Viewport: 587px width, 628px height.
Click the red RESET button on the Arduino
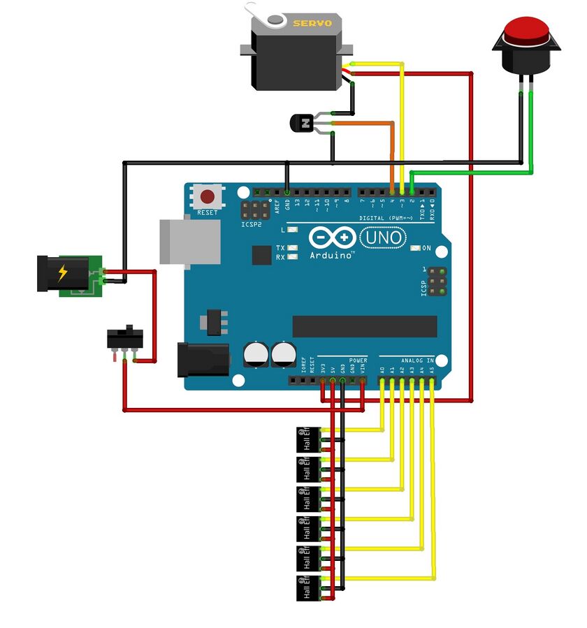tap(208, 196)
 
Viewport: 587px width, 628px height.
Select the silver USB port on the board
tap(189, 242)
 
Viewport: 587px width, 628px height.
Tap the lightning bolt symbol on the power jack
tap(64, 273)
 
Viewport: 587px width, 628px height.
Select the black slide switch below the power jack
tap(124, 339)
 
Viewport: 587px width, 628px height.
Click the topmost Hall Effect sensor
tap(307, 439)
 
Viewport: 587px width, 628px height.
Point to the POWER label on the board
tap(358, 361)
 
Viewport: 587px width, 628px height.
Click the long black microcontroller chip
tap(364, 326)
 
